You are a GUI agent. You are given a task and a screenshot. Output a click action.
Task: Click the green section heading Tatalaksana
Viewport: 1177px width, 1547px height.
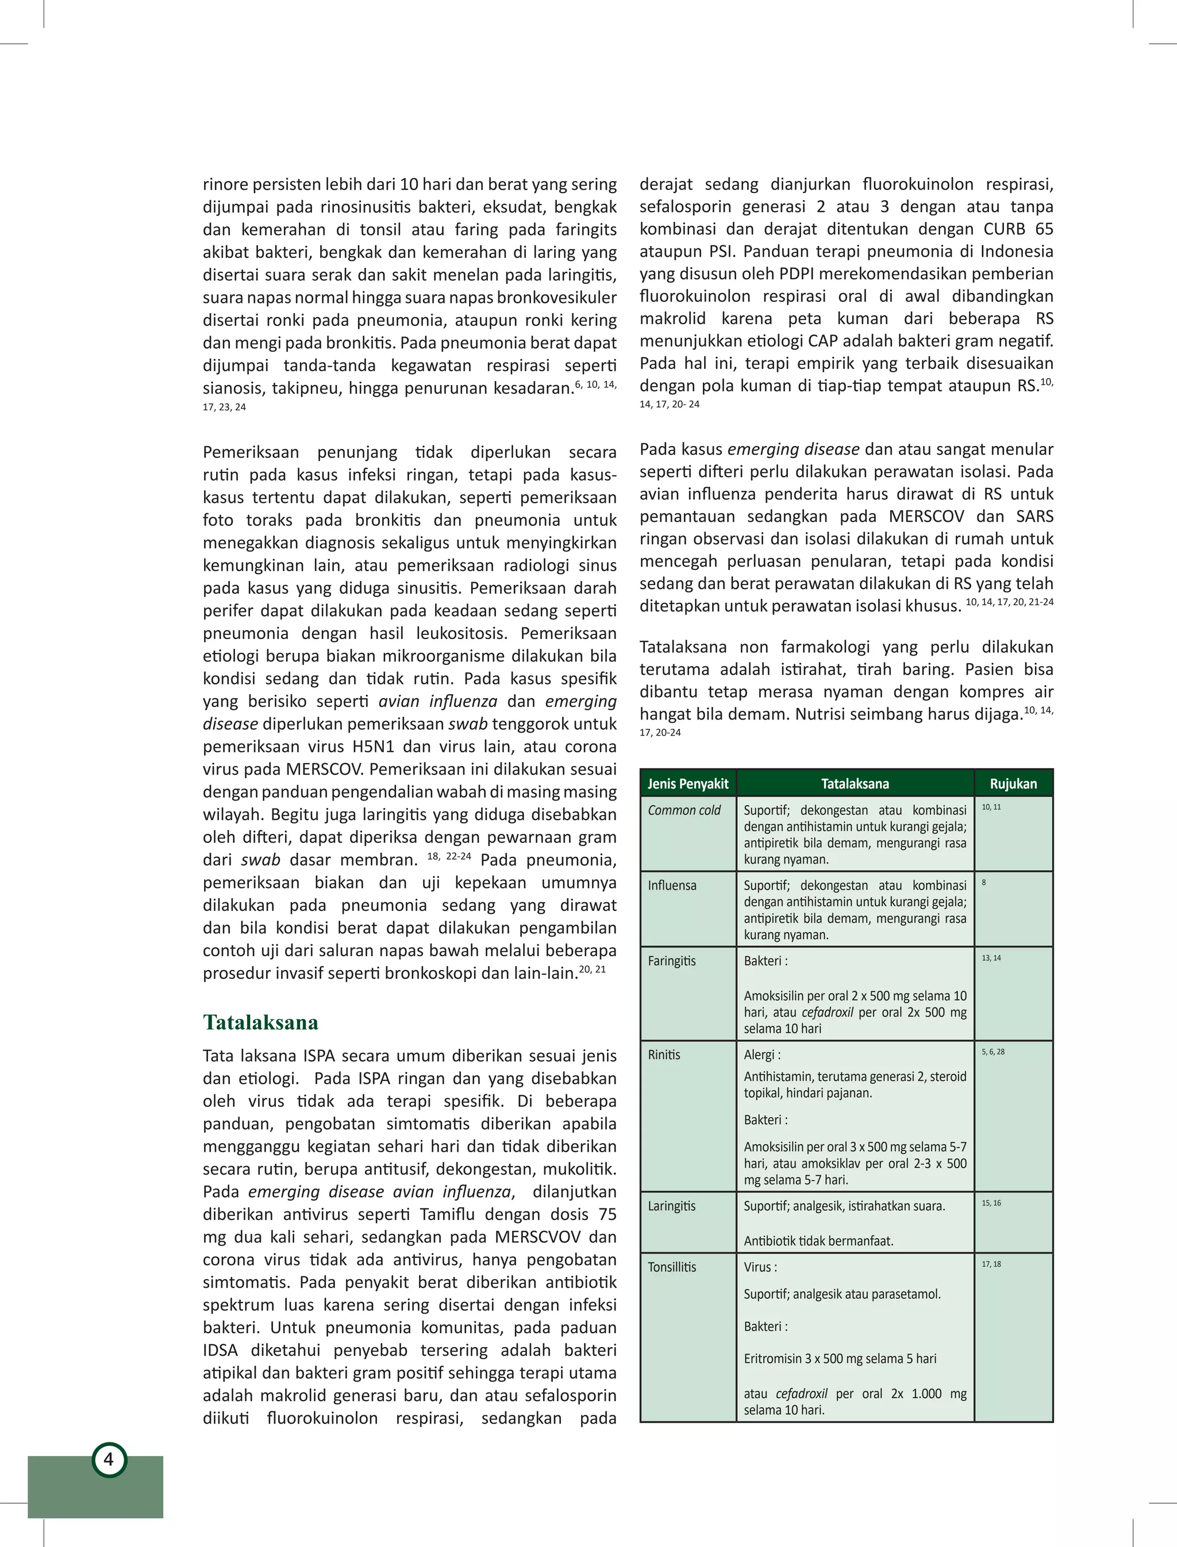click(260, 1022)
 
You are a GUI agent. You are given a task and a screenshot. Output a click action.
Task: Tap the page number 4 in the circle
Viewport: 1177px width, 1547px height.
click(109, 1460)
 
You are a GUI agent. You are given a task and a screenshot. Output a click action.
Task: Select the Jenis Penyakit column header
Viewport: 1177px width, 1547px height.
click(687, 783)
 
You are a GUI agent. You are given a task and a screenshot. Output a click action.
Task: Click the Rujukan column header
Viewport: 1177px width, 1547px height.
click(1013, 783)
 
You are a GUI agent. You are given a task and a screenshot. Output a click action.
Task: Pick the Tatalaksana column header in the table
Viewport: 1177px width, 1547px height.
click(855, 783)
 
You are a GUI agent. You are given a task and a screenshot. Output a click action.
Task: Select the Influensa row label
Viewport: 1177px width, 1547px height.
click(672, 886)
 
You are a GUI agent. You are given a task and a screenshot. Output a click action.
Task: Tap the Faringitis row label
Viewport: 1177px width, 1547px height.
click(671, 961)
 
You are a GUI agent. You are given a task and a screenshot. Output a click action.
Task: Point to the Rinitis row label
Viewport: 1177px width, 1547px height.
click(663, 1055)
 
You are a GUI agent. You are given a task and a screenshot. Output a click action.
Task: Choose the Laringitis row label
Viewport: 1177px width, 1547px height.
click(671, 1206)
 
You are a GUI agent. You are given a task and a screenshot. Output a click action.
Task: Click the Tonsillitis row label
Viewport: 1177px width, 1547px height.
click(672, 1267)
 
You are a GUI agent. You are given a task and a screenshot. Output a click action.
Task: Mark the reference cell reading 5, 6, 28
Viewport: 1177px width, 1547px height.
click(993, 1052)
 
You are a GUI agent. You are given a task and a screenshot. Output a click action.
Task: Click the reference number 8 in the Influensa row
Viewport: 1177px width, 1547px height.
click(984, 883)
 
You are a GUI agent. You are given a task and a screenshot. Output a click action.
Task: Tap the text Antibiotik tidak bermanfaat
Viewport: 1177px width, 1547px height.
click(818, 1241)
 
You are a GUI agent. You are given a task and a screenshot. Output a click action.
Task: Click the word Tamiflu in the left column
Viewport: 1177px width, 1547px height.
click(449, 1214)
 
